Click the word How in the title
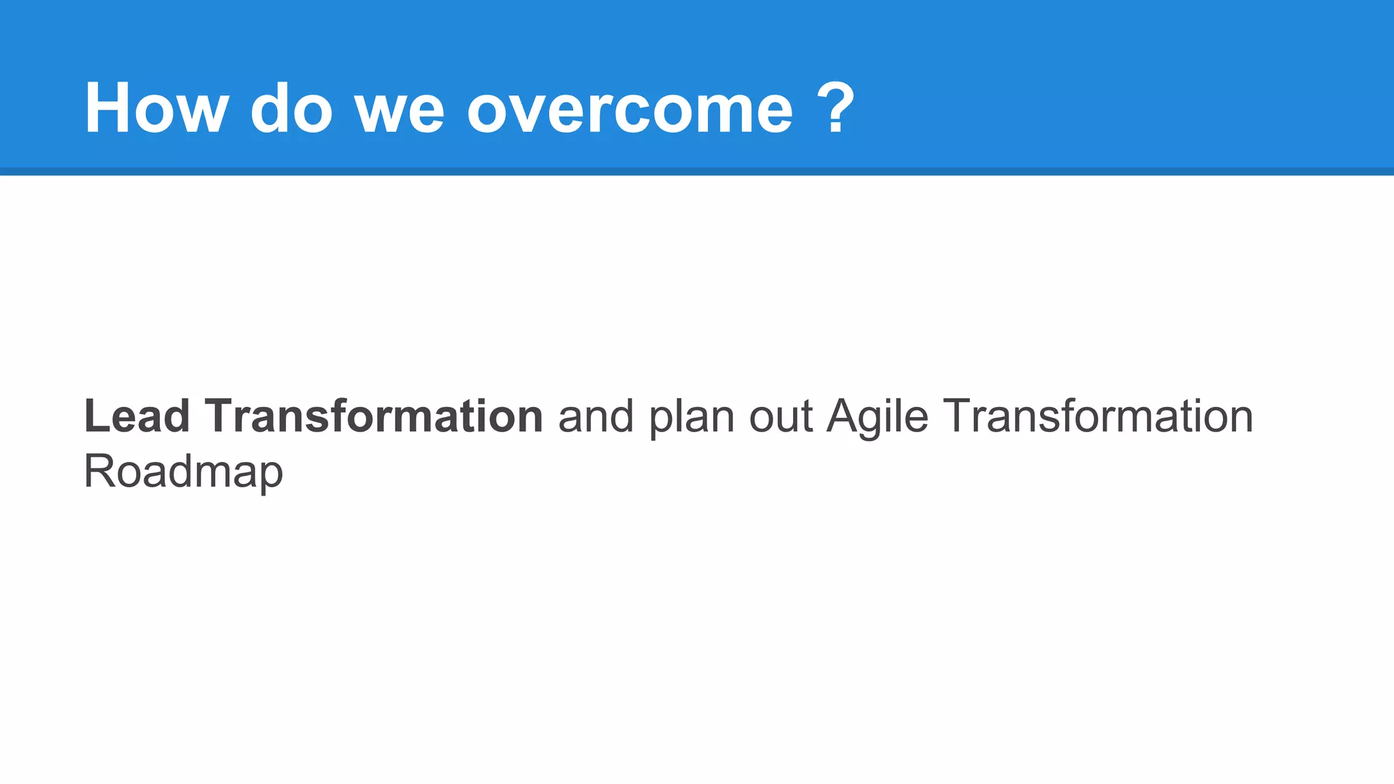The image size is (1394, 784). tap(156, 109)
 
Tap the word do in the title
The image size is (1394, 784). tap(291, 109)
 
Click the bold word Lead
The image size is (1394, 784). tap(136, 416)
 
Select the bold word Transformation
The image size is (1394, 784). tap(374, 416)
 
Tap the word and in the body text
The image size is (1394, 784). tap(596, 416)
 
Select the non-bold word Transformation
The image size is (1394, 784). tap(1097, 416)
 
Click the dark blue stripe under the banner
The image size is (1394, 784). tap(697, 171)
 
